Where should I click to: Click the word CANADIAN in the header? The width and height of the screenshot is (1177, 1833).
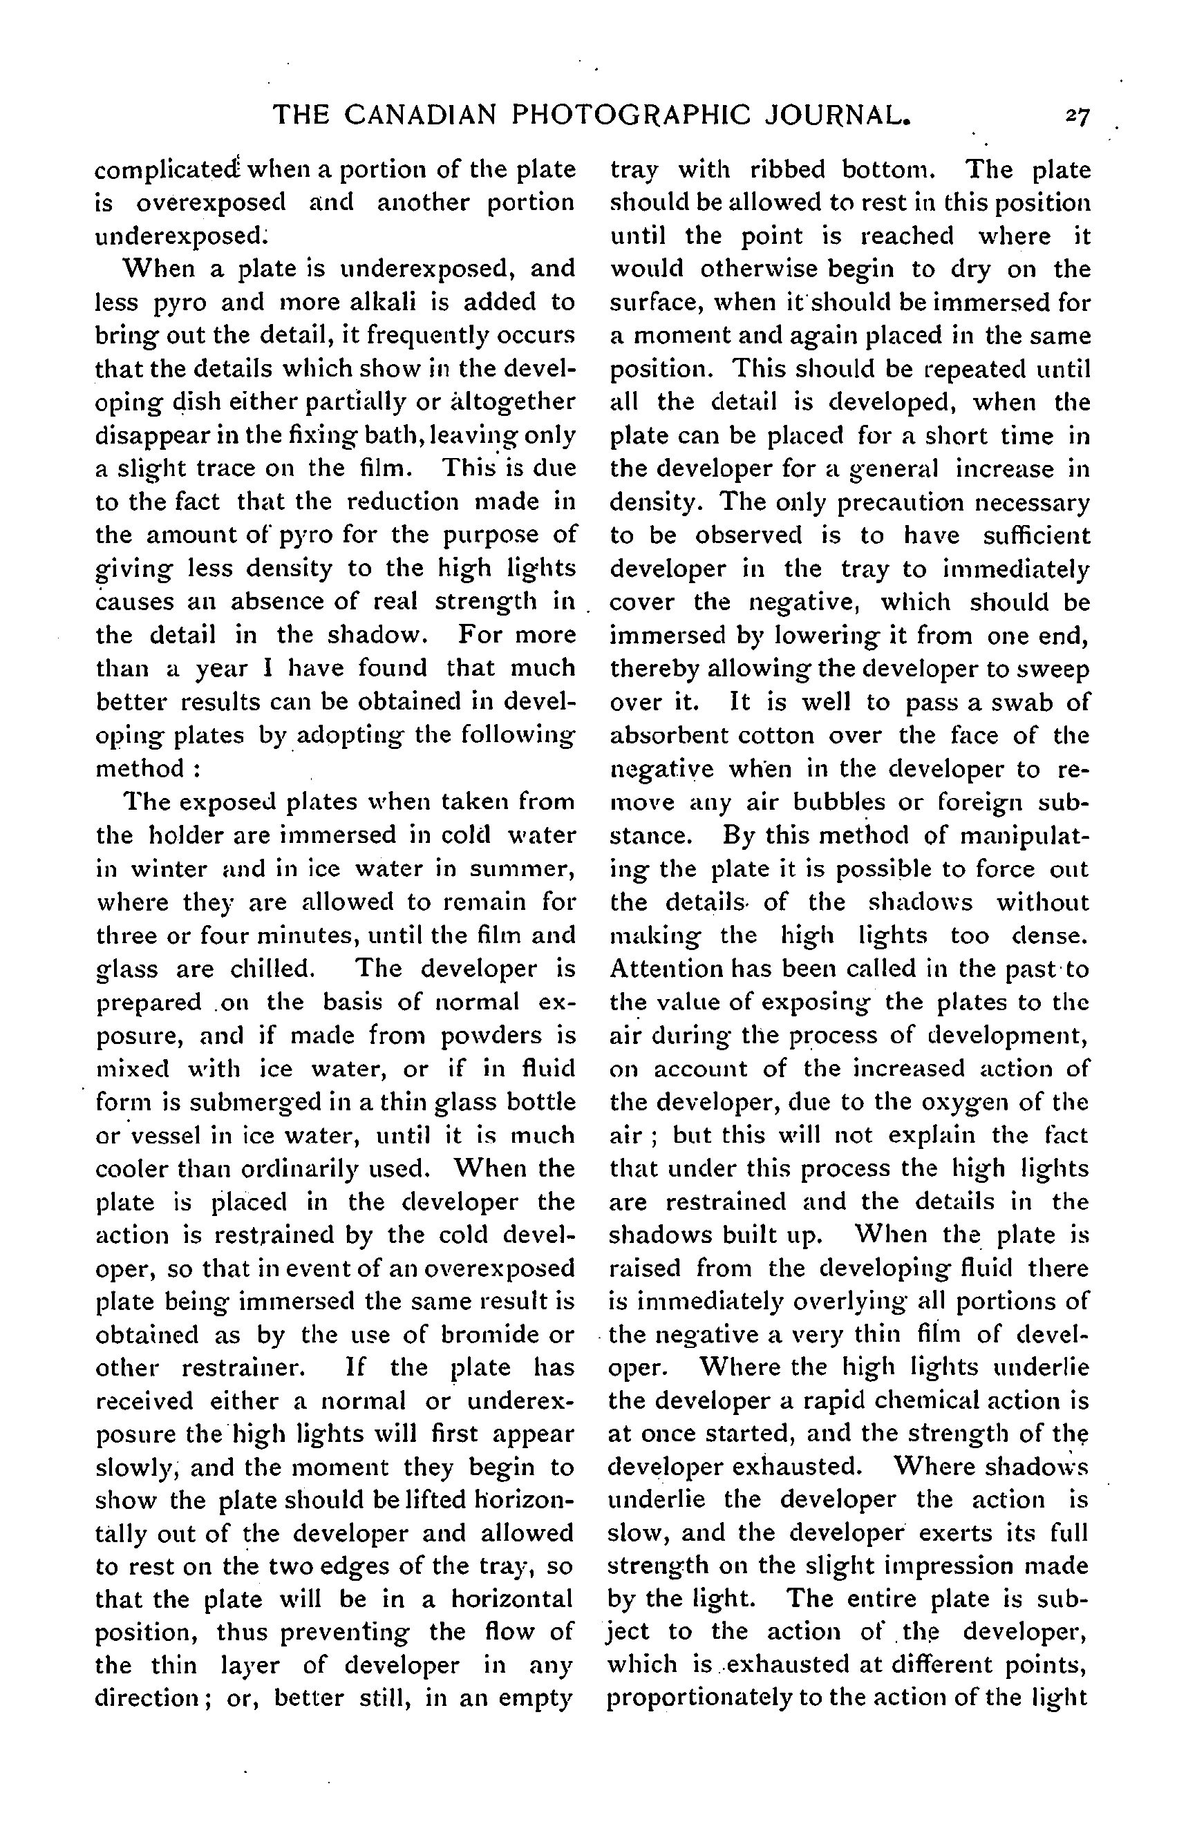[422, 115]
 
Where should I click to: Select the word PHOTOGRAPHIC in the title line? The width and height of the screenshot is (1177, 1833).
[628, 115]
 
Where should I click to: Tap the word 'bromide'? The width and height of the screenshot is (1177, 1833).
[478, 1335]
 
